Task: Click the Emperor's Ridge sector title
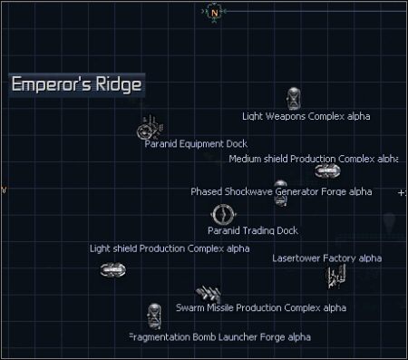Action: [x=77, y=85]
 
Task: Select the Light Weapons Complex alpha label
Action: [x=306, y=116]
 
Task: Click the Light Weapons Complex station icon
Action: [x=294, y=98]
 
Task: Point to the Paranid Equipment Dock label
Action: [x=196, y=143]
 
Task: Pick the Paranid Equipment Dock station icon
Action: [x=149, y=130]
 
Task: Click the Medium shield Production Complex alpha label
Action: [x=313, y=159]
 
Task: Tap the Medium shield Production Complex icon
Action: [x=325, y=170]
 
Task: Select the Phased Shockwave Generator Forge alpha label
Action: [x=281, y=191]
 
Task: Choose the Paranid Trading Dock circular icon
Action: [x=223, y=215]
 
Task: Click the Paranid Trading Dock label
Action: [x=252, y=230]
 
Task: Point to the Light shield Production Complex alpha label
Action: [x=170, y=248]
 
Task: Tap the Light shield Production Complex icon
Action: [x=112, y=269]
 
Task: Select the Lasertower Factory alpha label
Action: [x=326, y=258]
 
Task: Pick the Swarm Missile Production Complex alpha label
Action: [x=261, y=307]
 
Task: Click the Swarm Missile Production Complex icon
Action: [x=210, y=292]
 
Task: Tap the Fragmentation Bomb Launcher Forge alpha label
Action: [x=220, y=336]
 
